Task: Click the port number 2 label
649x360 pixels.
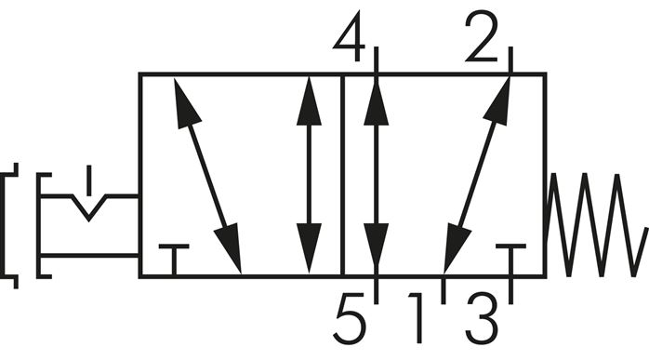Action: (x=482, y=41)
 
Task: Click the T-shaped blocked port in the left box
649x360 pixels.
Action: (x=174, y=257)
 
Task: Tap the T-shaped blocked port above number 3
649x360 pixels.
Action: (x=511, y=257)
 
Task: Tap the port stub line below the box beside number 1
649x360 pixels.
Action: (x=444, y=289)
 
